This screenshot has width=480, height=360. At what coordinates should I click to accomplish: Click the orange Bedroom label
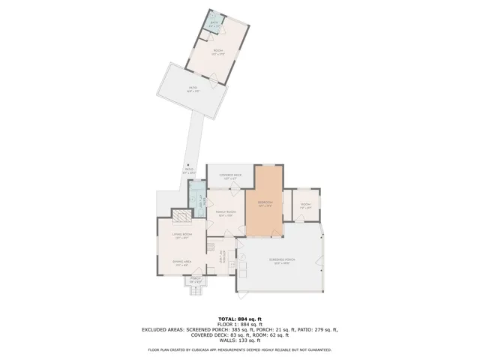coord(265,203)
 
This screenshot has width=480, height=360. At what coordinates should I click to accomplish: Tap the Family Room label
coord(226,213)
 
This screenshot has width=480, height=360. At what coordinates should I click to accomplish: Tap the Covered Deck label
coord(228,176)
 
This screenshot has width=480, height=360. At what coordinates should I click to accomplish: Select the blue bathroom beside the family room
coord(196,200)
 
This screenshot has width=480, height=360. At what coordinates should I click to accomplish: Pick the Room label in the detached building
coord(217,52)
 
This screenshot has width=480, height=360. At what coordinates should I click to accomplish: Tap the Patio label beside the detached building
coord(193,89)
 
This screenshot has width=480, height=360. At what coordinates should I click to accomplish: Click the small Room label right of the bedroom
coord(306,205)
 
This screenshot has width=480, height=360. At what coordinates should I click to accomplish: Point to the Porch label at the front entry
coord(195,280)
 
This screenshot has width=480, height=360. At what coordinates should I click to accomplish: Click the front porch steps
coord(195,291)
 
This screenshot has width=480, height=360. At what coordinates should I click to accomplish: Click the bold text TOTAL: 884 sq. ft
coord(239,319)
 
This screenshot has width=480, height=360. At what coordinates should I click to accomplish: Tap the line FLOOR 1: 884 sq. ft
coord(239,324)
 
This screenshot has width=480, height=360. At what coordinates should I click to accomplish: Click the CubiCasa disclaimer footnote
coord(239,349)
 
